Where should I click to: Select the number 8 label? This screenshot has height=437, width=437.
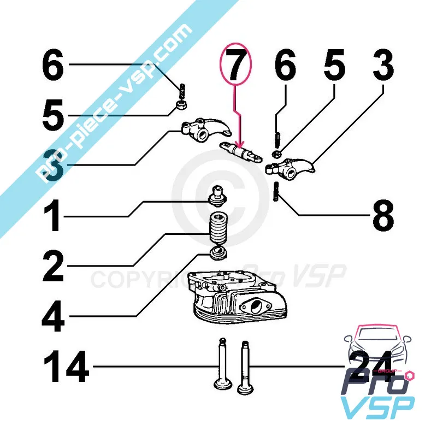tap(383, 216)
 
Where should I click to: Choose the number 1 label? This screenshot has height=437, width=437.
tap(53, 216)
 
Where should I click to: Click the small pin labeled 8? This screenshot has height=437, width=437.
tap(277, 192)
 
